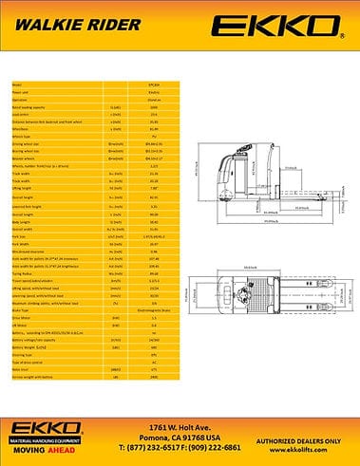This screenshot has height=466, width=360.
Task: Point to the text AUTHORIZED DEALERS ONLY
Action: click(301, 433)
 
